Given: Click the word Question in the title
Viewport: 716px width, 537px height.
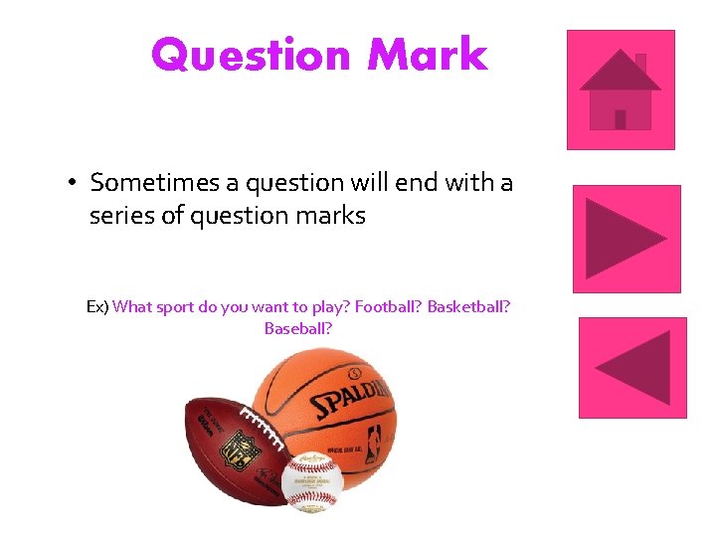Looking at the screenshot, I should [x=252, y=55].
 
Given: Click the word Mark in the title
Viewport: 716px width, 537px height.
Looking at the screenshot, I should [x=428, y=55].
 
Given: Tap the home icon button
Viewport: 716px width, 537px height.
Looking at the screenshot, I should [x=621, y=89].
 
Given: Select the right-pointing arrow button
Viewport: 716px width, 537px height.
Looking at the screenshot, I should [x=626, y=239].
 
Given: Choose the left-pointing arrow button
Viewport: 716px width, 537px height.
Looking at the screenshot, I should [x=632, y=367].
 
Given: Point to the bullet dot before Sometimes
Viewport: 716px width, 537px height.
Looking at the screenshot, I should [x=74, y=184].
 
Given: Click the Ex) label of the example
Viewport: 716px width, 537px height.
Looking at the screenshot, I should [x=97, y=307].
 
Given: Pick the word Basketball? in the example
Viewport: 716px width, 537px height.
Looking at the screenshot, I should [x=469, y=307].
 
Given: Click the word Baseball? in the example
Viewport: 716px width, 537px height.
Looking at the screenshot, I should [x=298, y=327].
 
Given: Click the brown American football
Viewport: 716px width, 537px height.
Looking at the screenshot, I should [x=224, y=447].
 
